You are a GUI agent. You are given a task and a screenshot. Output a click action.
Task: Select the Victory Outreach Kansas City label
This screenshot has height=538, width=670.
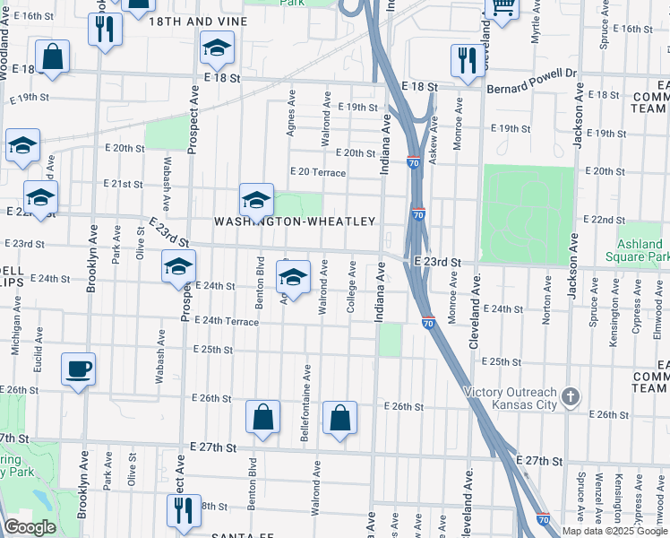[x=510, y=398]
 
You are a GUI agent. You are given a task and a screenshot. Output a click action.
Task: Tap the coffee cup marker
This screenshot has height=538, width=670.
[x=79, y=368]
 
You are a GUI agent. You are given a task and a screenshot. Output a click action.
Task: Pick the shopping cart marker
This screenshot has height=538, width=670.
[x=502, y=8]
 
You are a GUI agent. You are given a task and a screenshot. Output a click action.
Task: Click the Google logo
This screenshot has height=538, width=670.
[x=30, y=527]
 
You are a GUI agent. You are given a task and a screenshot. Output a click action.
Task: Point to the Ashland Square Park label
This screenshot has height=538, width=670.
[x=641, y=250]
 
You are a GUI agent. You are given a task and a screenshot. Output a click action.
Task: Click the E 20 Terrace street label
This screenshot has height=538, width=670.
[x=317, y=172]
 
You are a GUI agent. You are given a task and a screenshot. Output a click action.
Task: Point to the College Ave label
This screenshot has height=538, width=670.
[x=353, y=288]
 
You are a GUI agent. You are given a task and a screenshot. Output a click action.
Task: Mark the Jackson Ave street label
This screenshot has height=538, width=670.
[x=579, y=115]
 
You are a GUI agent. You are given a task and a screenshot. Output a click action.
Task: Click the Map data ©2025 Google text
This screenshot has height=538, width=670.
[x=614, y=531]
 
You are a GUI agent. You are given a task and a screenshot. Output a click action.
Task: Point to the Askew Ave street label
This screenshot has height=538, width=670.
[x=434, y=143]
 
